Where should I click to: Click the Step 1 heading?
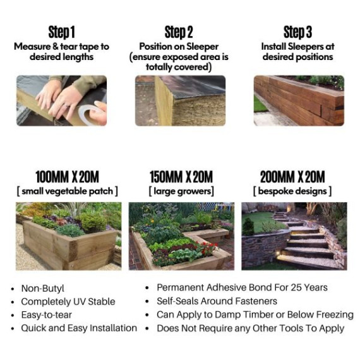coord(61,32)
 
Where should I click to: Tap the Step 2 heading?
coord(179,32)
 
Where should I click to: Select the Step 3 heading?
coord(297,32)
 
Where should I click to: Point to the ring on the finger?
coord(66,106)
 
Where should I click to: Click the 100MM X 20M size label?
coord(67,177)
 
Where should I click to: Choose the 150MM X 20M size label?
coord(181,177)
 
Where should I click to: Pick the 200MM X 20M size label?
coord(292,177)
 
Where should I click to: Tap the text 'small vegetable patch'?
coord(68,191)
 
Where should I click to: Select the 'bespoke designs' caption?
coord(292,191)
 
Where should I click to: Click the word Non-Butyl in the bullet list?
coord(43,289)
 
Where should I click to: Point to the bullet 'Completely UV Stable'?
coord(68,302)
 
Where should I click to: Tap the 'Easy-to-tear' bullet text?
coord(46,315)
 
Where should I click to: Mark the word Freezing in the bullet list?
coord(335,315)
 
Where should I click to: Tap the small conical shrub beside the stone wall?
coord(248,227)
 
